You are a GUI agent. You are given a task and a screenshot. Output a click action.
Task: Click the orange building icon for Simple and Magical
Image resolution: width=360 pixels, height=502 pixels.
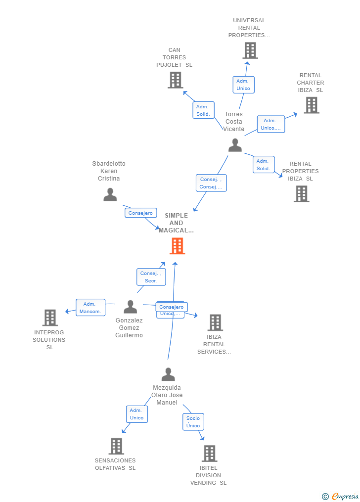177,246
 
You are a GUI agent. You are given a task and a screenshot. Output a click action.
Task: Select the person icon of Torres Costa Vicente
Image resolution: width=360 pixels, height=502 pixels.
235,145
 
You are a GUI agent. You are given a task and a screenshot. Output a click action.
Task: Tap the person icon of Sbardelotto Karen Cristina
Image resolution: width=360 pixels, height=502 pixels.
110,194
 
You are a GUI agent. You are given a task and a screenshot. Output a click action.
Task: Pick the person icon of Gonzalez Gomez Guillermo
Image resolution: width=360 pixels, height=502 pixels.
130,307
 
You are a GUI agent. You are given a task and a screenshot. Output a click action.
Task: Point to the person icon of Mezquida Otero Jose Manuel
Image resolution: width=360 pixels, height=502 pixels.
168,374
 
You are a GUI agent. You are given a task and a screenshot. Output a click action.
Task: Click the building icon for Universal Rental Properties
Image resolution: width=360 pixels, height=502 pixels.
250,50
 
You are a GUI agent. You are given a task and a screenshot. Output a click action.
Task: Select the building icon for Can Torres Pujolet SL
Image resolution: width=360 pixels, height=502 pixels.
175,80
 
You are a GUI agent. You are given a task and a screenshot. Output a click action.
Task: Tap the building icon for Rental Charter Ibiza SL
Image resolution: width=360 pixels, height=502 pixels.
311,105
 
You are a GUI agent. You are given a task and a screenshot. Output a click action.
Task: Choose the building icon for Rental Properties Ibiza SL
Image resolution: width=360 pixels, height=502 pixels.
301,194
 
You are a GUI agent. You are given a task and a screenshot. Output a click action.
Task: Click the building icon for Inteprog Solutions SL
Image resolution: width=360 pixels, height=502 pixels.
50,318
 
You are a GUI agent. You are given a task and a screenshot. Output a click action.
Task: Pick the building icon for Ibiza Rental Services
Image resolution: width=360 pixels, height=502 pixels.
215,322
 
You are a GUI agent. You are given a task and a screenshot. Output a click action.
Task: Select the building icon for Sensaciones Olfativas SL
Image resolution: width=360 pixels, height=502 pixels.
116,446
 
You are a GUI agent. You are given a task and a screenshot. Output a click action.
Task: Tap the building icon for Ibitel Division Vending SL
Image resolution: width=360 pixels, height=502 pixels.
209,454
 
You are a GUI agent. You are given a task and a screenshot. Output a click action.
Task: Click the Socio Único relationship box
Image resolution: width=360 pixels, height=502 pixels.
193,422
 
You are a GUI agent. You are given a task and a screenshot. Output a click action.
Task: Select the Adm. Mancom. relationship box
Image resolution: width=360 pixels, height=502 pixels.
90,308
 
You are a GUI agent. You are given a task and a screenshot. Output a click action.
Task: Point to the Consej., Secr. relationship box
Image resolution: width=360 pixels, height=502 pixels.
151,277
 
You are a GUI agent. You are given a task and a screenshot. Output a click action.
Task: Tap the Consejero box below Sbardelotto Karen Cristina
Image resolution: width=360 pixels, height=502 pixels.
140,213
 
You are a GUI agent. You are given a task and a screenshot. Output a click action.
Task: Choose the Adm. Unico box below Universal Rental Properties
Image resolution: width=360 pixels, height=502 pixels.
243,85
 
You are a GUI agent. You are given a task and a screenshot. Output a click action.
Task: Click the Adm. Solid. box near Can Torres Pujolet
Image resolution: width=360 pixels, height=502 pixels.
203,110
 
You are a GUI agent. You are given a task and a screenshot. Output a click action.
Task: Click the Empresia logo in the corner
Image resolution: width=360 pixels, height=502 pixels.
341,496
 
